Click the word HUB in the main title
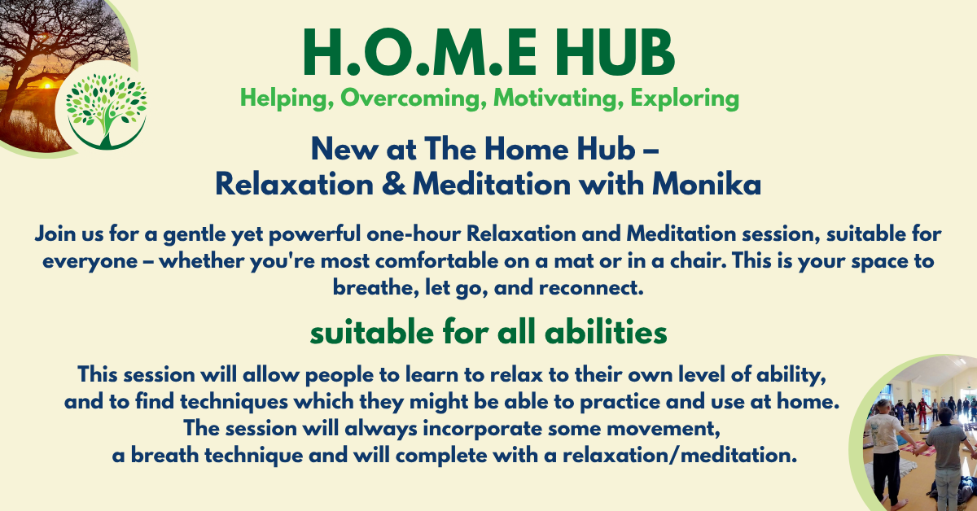[x=615, y=52]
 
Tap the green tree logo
[x=106, y=111]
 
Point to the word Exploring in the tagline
[x=685, y=98]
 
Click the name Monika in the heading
[x=707, y=184]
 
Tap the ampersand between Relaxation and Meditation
[x=393, y=184]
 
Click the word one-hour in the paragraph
[x=414, y=234]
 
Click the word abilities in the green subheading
[x=606, y=333]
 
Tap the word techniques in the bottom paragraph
[x=234, y=402]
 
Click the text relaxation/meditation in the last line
[x=680, y=456]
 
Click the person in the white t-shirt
[x=886, y=453]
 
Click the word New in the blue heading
[x=344, y=149]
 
